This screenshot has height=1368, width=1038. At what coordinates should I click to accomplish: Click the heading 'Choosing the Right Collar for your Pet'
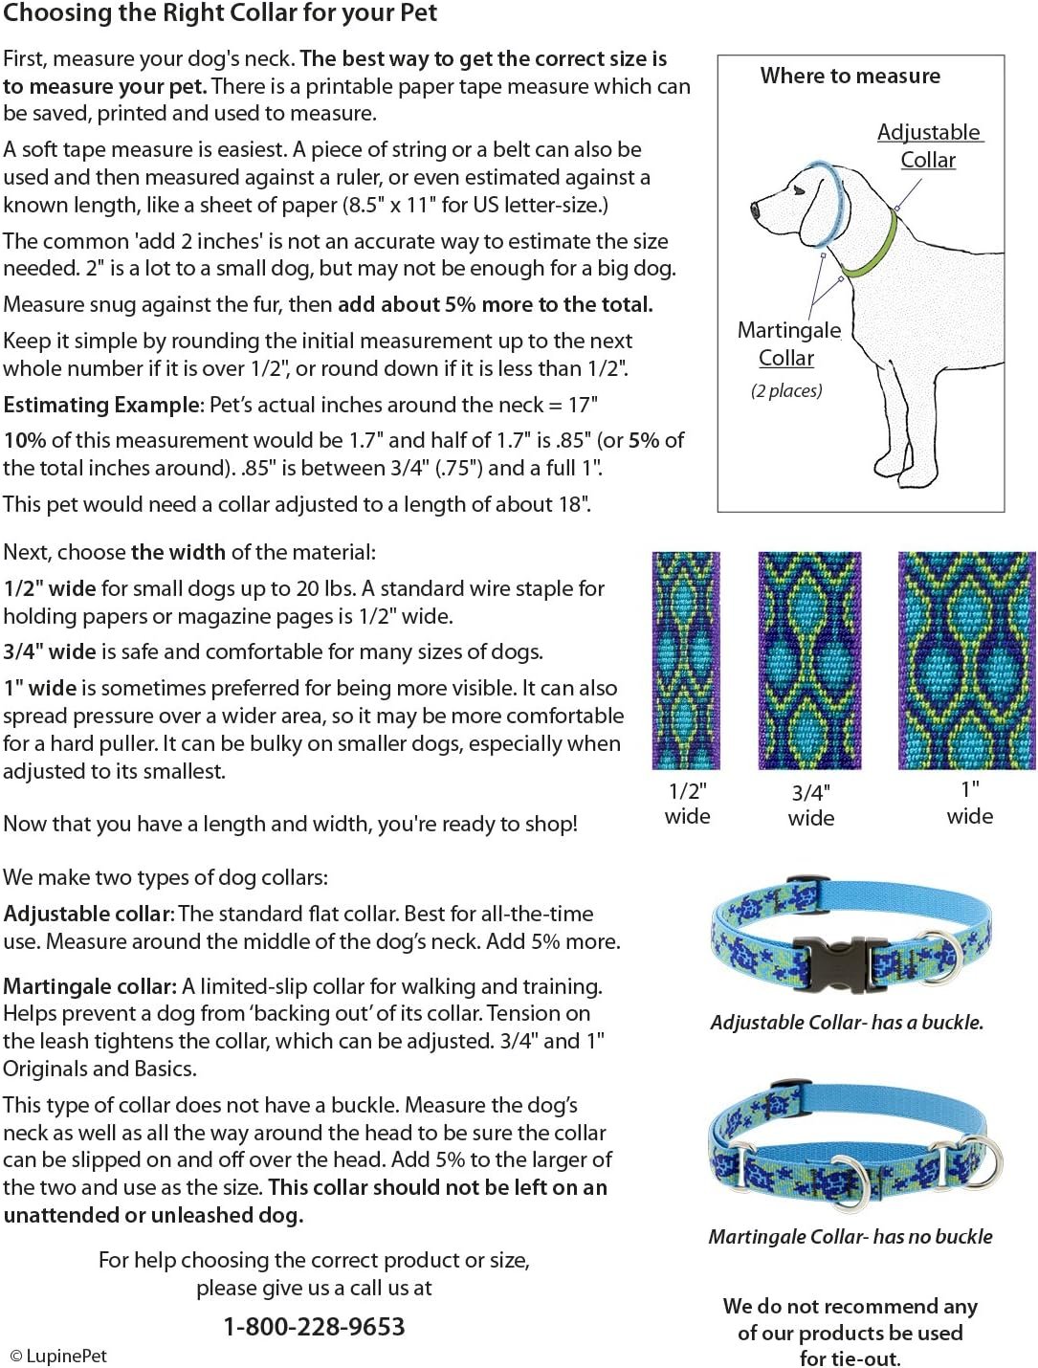point(220,14)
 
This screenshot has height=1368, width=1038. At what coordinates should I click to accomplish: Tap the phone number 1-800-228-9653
point(314,1327)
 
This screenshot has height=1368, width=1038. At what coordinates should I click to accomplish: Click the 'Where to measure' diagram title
point(850,76)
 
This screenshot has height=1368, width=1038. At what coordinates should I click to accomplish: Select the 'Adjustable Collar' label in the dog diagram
point(929,145)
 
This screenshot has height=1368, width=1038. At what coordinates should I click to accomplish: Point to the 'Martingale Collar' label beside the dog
point(787,344)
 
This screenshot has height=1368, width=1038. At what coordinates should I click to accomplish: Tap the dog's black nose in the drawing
point(753,208)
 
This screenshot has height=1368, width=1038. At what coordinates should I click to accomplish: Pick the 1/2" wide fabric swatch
point(686,661)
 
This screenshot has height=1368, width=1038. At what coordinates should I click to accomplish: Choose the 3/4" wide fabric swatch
point(809,661)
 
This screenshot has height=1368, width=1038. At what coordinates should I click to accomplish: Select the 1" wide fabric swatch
point(966,661)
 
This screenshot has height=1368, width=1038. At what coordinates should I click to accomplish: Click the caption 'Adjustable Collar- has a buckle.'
point(847,1022)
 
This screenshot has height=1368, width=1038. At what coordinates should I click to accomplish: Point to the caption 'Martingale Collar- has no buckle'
point(850,1236)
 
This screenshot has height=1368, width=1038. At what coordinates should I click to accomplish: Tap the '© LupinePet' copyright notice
point(58,1356)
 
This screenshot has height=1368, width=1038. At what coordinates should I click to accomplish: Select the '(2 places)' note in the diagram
point(786,390)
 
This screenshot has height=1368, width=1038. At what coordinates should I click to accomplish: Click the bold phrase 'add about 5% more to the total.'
point(496,304)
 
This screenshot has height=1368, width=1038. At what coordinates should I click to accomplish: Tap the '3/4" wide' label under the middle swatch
point(810,805)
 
